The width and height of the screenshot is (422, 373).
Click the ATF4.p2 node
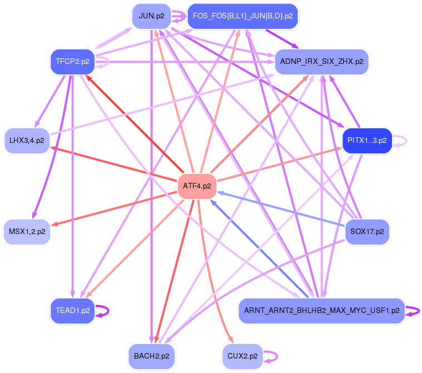coord(197,186)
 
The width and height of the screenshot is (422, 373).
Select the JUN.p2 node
coord(151,16)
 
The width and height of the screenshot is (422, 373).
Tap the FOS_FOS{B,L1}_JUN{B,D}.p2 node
coord(242,16)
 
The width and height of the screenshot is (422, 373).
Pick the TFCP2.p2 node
coord(72,61)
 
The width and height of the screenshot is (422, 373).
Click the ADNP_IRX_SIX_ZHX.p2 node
coord(322,61)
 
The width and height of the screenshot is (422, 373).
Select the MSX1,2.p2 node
coord(27,231)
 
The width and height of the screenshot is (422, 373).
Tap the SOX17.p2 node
coord(367,231)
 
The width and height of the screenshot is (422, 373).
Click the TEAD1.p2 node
coord(72,311)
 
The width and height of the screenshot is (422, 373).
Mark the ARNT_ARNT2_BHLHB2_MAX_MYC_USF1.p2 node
coord(322,311)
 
